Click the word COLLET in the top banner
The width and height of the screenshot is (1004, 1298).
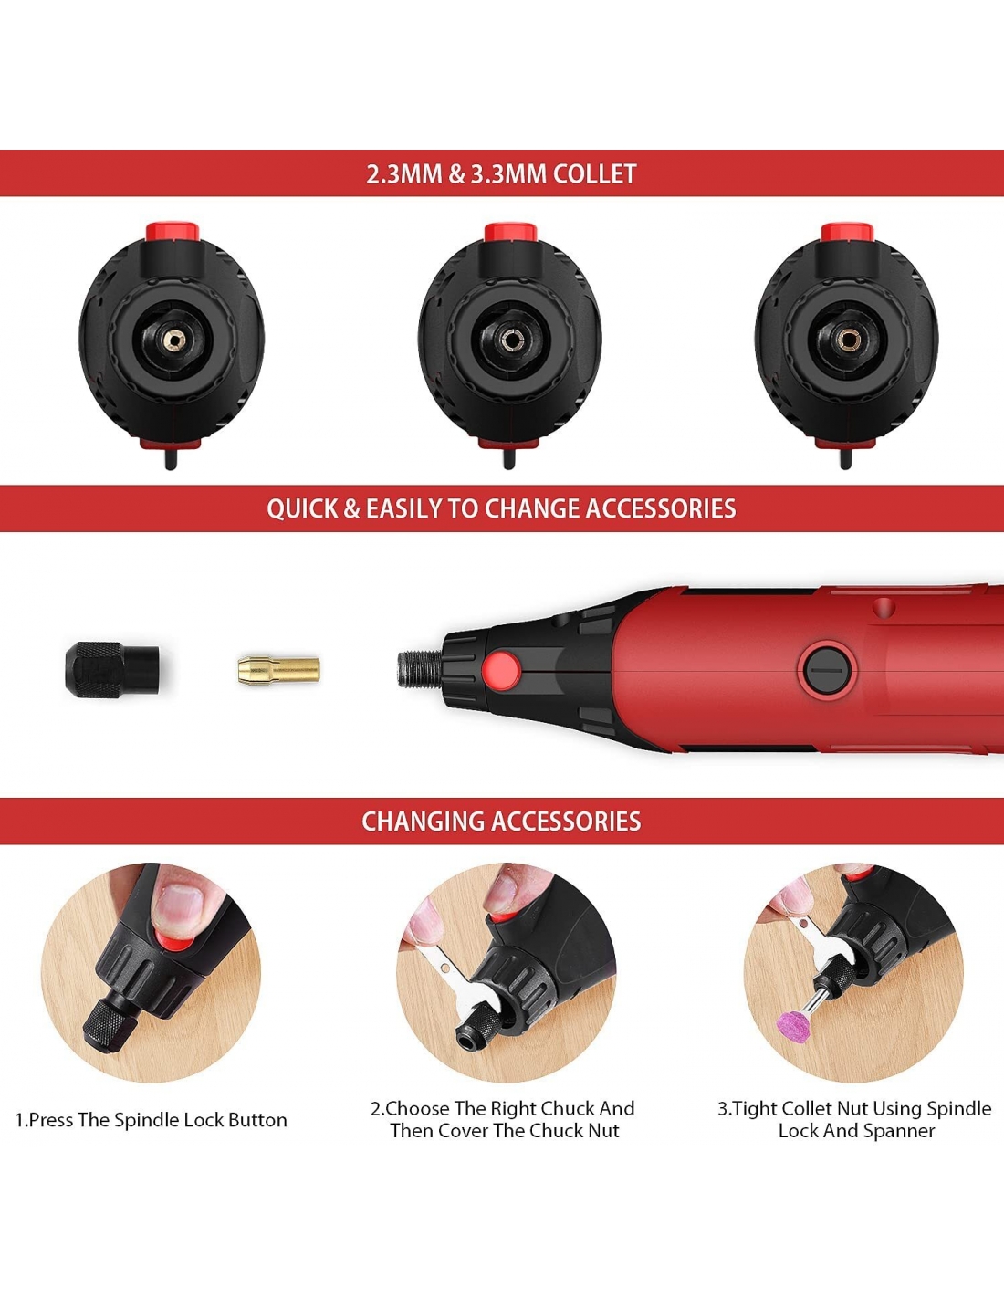[x=593, y=173]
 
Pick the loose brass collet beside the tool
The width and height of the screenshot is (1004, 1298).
[x=278, y=670]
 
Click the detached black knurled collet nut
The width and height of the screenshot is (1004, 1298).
[x=111, y=670]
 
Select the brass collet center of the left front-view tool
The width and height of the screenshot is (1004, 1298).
[x=173, y=340]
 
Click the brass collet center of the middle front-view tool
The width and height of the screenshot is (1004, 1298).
[x=509, y=340]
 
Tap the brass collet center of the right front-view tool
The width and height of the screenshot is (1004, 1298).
[x=846, y=340]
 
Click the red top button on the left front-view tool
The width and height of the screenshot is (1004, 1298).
[x=172, y=231]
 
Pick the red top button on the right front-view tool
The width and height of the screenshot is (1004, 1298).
[x=847, y=232]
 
